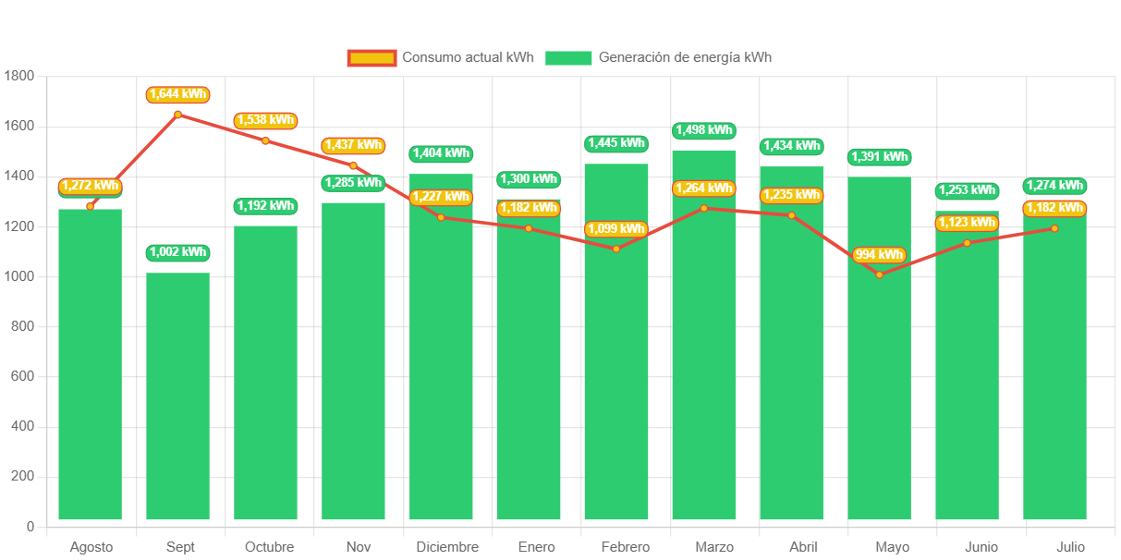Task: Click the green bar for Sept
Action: coord(177,397)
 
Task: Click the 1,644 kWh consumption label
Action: coord(177,95)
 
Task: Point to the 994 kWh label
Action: coord(879,255)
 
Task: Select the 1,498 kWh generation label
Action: coord(703,130)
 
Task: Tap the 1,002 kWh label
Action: coord(177,252)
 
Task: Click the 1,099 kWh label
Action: coord(615,229)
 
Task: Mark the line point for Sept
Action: coord(177,115)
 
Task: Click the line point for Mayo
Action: coord(879,274)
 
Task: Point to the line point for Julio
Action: coord(1054,228)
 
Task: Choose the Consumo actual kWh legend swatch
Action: coord(372,58)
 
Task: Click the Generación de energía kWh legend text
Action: coord(685,57)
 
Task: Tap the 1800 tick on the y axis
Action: coord(19,75)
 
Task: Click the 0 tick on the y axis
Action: coord(30,527)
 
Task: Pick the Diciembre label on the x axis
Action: coord(447,547)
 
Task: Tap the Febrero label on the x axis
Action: coord(625,547)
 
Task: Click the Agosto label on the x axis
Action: coord(91,547)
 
